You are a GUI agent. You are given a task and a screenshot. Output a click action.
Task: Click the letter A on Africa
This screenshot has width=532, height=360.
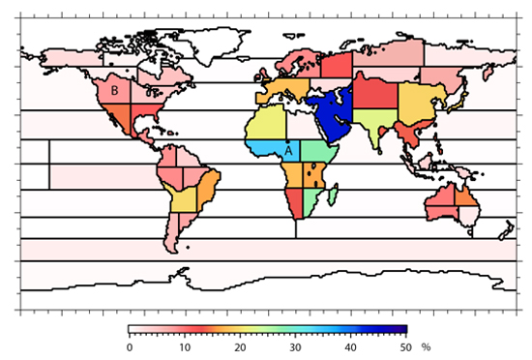coord(288,149)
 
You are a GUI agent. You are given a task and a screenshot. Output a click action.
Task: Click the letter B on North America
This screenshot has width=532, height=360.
coord(114,90)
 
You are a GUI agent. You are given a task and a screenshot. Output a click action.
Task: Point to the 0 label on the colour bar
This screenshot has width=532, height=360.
coord(130,346)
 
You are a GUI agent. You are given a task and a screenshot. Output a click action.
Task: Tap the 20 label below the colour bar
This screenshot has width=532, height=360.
coord(239,346)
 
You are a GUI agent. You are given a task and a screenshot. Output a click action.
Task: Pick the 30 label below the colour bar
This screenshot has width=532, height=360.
coord(295,346)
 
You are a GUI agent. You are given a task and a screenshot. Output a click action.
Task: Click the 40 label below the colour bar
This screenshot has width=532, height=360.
coord(350,346)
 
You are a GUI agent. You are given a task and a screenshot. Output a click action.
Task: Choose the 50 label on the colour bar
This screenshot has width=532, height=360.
coord(406,346)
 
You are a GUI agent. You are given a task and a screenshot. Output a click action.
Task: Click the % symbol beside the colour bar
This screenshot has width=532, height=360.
coord(425,346)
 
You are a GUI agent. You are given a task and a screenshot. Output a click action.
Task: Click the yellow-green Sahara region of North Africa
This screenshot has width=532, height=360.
coord(267,124)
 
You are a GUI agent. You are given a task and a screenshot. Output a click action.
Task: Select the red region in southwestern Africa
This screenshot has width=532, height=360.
coord(292,203)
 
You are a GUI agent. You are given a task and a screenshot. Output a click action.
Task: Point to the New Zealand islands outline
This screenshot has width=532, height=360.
coord(503,230)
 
